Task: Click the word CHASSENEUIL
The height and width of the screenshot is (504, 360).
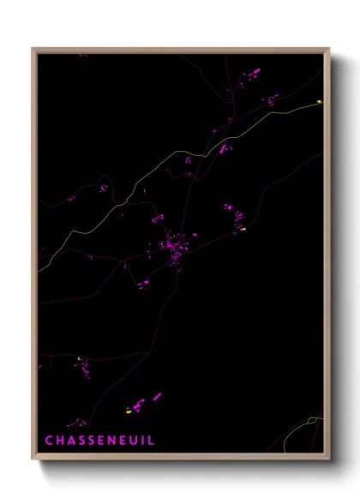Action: point(99,440)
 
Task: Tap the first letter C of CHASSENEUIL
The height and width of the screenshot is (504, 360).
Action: point(49,440)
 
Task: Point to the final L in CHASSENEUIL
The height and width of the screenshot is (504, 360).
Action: point(152,440)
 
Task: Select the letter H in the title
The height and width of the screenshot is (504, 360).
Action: point(59,440)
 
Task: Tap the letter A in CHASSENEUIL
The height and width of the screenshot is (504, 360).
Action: point(69,440)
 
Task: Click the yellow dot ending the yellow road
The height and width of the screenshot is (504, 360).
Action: point(319,101)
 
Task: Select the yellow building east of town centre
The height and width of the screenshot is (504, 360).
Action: point(243,229)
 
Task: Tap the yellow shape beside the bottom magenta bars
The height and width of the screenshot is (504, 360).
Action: point(129,411)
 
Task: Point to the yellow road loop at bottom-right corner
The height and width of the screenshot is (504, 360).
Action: point(313,421)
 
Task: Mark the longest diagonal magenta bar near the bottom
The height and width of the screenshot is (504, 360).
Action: point(157,396)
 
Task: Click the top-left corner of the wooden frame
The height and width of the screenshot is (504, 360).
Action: point(33,49)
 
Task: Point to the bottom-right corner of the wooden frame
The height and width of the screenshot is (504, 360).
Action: point(329,460)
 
